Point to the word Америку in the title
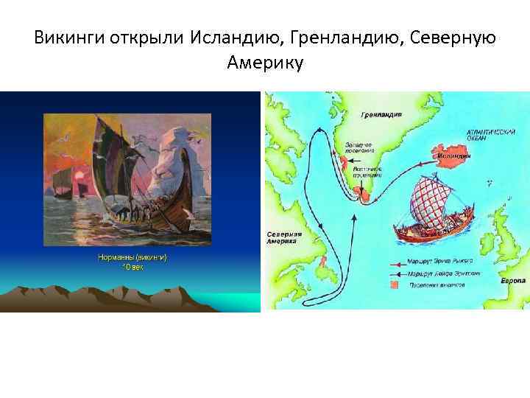point(265,63)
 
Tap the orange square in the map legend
point(395,284)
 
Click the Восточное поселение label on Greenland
point(366,172)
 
